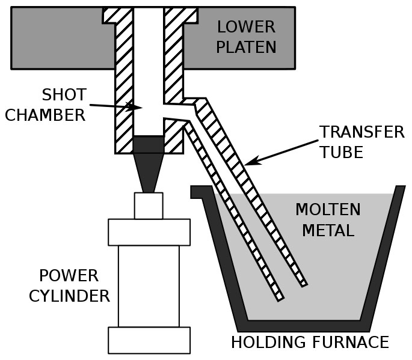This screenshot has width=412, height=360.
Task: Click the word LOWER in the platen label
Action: [x=246, y=27]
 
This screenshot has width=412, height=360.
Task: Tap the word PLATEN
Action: [x=246, y=47]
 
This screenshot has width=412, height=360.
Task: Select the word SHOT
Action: [x=64, y=95]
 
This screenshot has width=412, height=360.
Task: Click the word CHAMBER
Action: [x=46, y=115]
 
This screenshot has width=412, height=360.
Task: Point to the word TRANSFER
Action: [x=362, y=132]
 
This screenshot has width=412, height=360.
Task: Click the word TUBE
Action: [x=341, y=152]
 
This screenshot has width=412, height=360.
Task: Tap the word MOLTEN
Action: [x=328, y=210]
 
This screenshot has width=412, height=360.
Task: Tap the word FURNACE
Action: [x=349, y=343]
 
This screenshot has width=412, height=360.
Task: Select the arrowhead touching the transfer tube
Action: [x=251, y=162]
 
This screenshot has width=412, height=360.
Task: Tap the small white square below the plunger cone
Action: [x=148, y=206]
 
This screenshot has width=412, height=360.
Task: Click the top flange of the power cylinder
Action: [x=149, y=232]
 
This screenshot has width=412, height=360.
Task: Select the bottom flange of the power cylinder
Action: [x=149, y=340]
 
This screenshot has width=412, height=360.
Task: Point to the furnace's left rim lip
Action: [x=199, y=192]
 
